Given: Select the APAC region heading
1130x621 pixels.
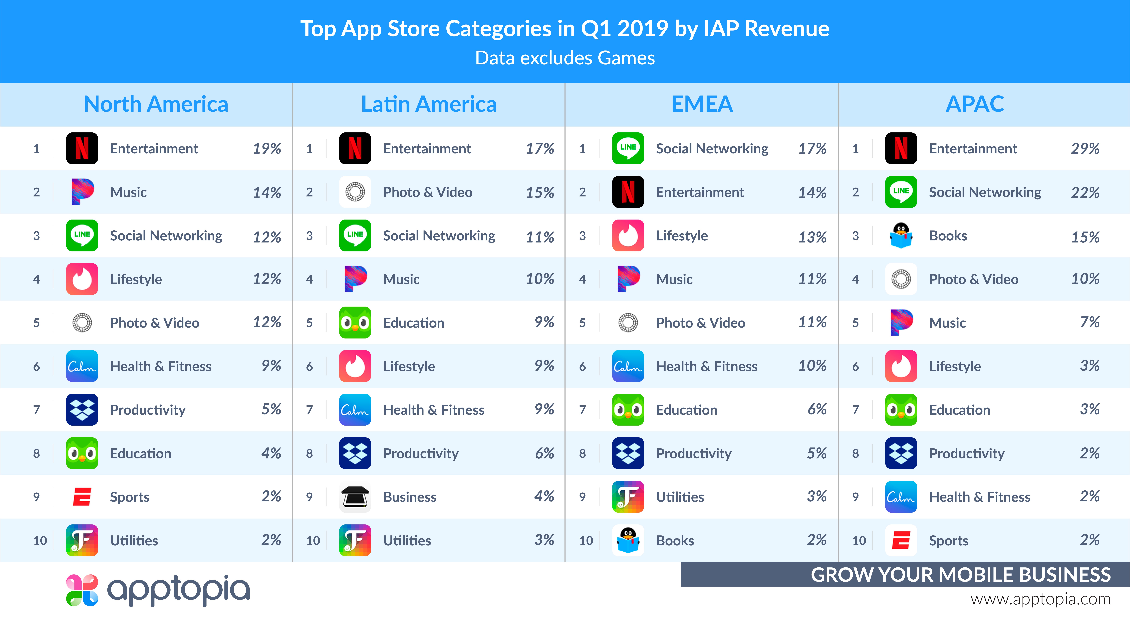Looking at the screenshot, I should tap(975, 104).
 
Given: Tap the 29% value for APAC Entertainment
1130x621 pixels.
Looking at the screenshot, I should tap(1085, 149).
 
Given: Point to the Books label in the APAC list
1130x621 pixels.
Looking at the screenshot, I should tap(948, 236).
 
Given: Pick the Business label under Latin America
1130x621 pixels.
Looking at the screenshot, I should tap(410, 497).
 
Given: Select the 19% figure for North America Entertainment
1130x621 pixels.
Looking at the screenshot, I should tap(267, 149).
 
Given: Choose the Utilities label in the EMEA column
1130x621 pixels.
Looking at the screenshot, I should tap(680, 497).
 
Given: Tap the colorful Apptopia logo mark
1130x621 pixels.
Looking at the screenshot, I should tap(82, 590).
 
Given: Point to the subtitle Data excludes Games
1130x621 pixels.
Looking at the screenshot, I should tap(565, 58).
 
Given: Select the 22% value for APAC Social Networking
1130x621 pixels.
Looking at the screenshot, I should tap(1085, 192).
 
